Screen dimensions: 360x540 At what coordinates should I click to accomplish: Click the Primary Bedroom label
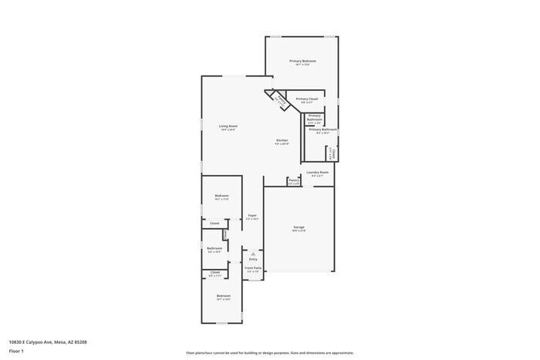302,61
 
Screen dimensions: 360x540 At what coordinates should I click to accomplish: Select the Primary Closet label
306,99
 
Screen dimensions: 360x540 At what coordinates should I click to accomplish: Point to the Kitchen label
282,140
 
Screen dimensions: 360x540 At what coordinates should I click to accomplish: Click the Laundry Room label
317,173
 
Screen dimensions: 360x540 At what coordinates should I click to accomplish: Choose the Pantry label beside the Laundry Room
293,180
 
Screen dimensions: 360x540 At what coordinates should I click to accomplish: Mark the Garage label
299,227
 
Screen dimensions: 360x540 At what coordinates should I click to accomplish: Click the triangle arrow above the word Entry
252,253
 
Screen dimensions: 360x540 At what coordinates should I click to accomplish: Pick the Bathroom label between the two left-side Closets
214,248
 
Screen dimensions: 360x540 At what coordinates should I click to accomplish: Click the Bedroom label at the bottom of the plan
223,296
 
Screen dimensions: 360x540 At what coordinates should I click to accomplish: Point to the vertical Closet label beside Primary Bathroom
332,153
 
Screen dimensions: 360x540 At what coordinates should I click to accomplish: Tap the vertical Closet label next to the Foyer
224,234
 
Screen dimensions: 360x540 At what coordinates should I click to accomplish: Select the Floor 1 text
17,351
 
